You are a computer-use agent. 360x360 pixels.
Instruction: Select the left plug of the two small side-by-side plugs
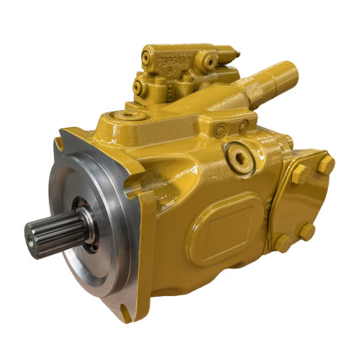tap(218, 126)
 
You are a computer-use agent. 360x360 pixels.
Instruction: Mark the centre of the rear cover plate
tap(304, 202)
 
